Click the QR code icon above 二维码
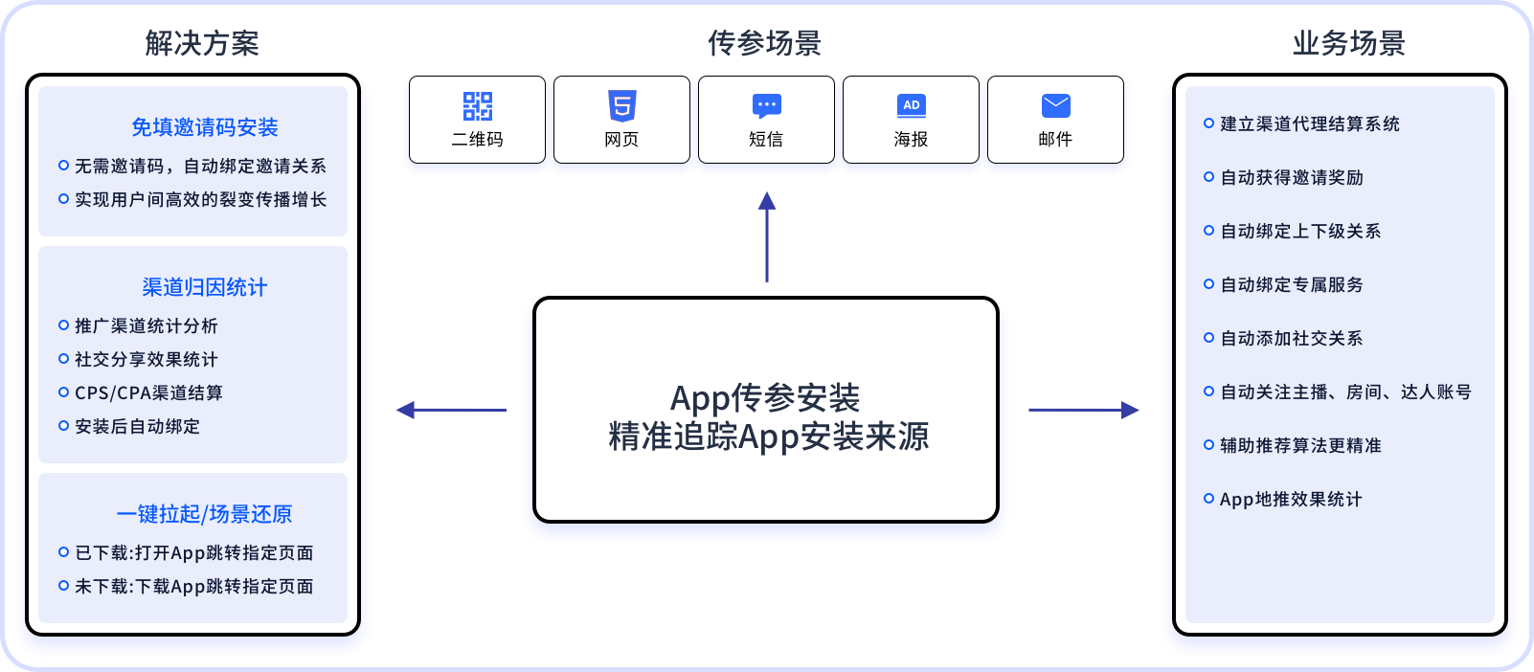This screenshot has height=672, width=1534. click(x=477, y=105)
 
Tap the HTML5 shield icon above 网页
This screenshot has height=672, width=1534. click(x=621, y=105)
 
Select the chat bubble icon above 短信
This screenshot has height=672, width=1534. click(x=766, y=105)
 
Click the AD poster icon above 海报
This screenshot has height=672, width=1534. click(x=911, y=105)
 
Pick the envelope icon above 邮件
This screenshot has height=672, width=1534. click(x=1055, y=105)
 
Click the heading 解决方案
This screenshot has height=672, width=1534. click(x=202, y=43)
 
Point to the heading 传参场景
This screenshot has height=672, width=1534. click(x=764, y=43)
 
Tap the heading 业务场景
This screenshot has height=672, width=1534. click(x=1348, y=43)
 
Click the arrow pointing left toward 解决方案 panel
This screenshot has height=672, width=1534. click(x=450, y=410)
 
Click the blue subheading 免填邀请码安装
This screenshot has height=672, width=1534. click(x=204, y=127)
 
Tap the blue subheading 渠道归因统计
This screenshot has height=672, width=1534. click(x=204, y=287)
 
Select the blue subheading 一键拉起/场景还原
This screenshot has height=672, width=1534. click(x=204, y=514)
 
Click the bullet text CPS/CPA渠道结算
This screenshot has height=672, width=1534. click(x=148, y=392)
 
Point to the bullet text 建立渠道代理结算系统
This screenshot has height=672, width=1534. click(x=1309, y=123)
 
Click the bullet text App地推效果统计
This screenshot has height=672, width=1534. click(x=1290, y=499)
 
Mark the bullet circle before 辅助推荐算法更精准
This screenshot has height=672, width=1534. click(x=1208, y=444)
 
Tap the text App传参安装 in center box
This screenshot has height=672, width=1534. click(x=764, y=397)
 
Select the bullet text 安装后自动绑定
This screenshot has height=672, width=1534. click(x=137, y=426)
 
